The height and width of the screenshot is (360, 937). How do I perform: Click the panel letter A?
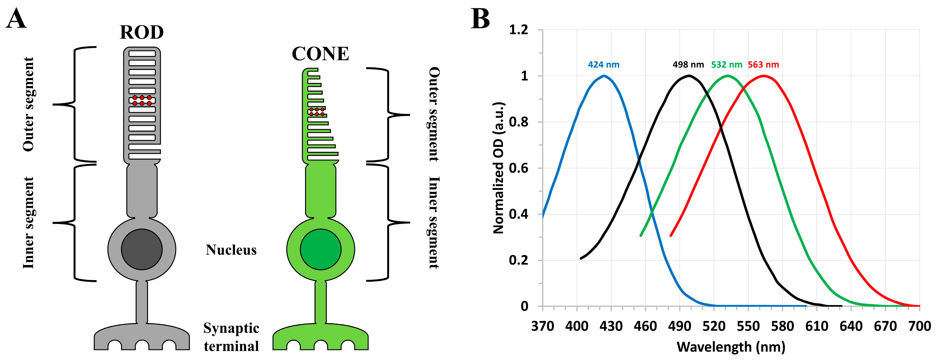tap(16, 19)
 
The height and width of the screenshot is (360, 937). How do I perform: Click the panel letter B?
tap(480, 19)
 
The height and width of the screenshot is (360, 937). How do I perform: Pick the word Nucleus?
tap(231, 250)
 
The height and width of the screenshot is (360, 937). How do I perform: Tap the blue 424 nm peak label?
tap(603, 65)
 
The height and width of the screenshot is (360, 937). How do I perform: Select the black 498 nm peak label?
tap(688, 65)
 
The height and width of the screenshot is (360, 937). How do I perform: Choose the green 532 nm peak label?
tap(726, 65)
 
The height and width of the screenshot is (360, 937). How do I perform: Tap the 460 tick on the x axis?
tap(645, 326)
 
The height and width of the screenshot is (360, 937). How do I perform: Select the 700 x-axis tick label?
tap(920, 326)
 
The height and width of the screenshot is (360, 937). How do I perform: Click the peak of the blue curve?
tap(604, 76)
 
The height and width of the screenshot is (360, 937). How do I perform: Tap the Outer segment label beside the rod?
tap(28, 104)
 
